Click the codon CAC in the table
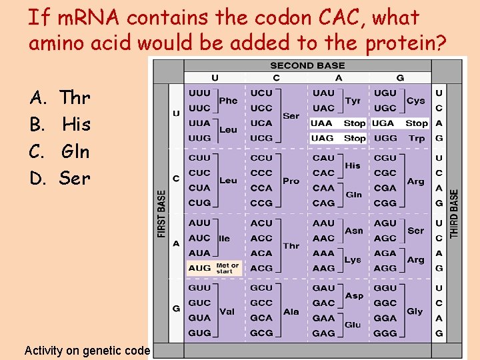tap(323, 173)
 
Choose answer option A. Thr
tap(60, 98)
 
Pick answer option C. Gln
tap(60, 151)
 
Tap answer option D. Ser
tap(60, 178)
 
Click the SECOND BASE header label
tap(307, 65)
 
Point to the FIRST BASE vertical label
tap(162, 213)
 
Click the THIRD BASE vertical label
tap(455, 213)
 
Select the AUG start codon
tap(199, 268)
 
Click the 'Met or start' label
tap(227, 268)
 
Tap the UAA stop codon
tap(323, 123)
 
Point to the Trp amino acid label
tap(417, 138)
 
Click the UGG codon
tap(385, 138)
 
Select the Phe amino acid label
tap(228, 101)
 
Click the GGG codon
tap(385, 333)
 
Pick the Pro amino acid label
tap(291, 181)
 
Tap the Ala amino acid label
tap(291, 311)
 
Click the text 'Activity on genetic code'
tap(87, 350)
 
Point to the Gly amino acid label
tap(415, 311)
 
